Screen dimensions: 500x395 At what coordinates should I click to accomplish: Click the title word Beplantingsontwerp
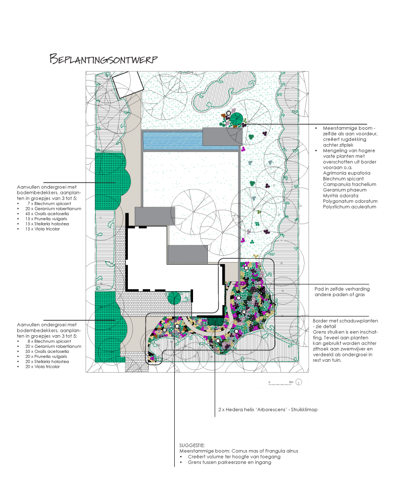(x=103, y=59)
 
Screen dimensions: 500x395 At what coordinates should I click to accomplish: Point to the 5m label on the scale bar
(x=291, y=382)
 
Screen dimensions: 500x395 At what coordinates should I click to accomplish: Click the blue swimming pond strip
(x=172, y=140)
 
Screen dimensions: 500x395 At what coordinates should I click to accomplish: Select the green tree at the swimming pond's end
(x=236, y=119)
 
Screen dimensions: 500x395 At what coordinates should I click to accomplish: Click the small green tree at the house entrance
(x=173, y=299)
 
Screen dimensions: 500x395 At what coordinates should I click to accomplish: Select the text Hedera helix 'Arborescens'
(x=247, y=410)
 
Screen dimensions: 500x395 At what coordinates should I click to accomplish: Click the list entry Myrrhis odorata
(x=338, y=195)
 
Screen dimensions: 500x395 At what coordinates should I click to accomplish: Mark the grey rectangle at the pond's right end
(x=221, y=137)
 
